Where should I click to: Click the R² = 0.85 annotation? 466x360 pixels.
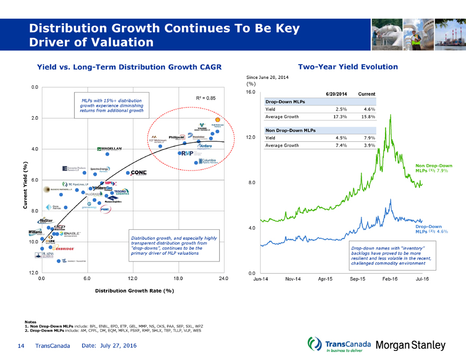pos(205,98)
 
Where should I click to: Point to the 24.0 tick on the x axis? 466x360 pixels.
pos(223,278)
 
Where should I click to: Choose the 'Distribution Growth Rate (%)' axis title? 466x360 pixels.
pos(135,291)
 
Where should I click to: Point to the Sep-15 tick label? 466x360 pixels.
pos(359,278)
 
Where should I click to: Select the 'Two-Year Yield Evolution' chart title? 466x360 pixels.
pos(347,67)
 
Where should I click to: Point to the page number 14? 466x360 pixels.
pos(21,346)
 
